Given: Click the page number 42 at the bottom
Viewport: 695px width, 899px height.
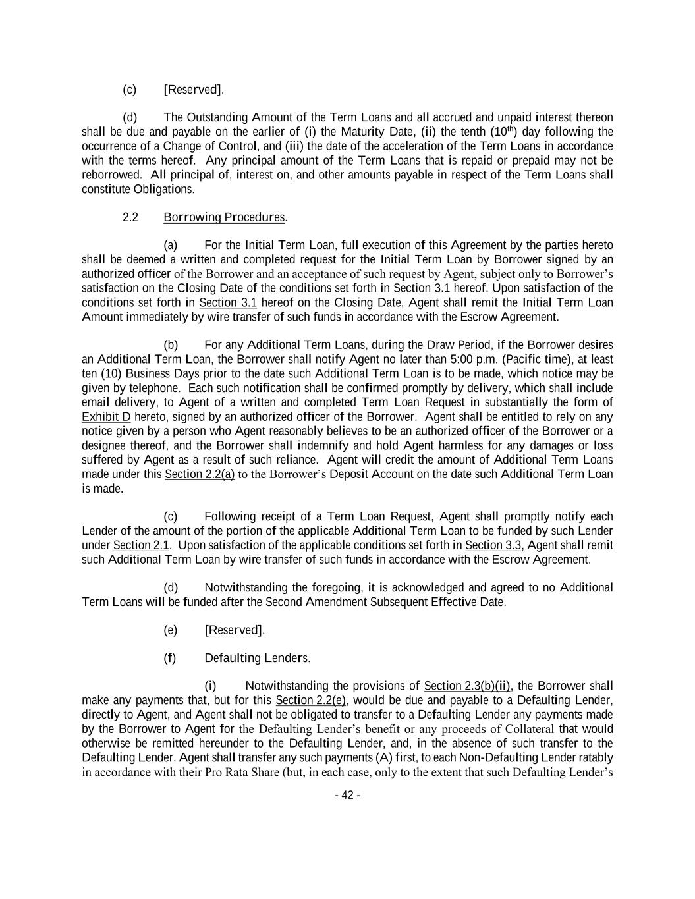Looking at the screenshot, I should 347,795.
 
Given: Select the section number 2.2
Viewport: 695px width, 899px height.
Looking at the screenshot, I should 130,217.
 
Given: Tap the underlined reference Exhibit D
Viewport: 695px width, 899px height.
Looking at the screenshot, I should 106,416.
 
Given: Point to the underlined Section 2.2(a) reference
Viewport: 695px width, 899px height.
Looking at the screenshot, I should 200,474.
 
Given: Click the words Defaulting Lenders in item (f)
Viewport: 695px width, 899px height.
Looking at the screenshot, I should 256,658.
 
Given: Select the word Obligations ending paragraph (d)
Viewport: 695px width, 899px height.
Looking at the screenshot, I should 164,189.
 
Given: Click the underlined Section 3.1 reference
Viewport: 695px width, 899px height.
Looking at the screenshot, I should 228,302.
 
